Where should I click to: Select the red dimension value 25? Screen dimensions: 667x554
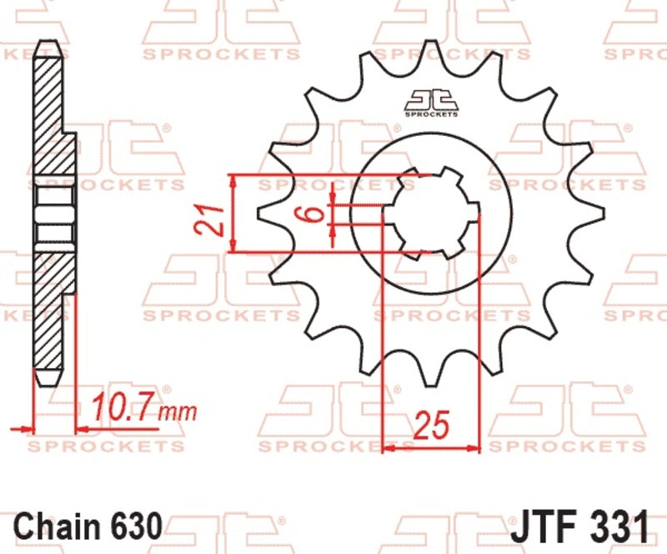pyautogui.click(x=431, y=426)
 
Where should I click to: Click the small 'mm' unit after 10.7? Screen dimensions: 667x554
pyautogui.click(x=178, y=412)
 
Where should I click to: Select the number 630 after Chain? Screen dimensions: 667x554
pyautogui.click(x=138, y=526)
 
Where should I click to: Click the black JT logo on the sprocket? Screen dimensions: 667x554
pyautogui.click(x=431, y=103)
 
